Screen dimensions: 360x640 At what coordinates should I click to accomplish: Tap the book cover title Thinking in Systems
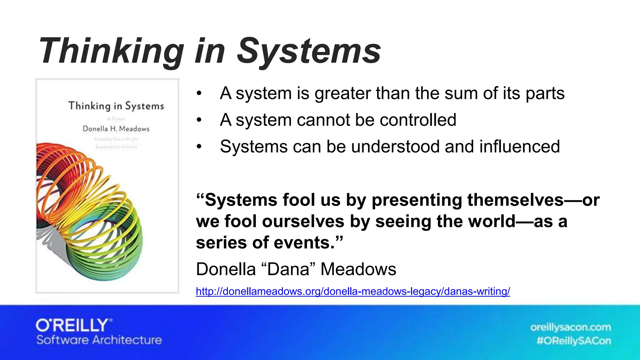(x=116, y=106)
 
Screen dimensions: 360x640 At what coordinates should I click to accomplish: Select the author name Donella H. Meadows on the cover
(x=116, y=129)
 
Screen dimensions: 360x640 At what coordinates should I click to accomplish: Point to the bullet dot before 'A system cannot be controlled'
(x=199, y=120)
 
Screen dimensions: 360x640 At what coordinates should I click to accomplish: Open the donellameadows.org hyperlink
(x=352, y=291)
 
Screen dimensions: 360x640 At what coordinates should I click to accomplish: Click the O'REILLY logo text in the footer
(x=74, y=326)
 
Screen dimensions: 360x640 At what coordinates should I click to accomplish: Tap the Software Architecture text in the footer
(x=99, y=340)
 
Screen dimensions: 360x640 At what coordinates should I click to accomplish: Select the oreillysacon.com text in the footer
(x=570, y=327)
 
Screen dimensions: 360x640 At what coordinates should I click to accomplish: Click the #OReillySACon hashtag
(x=574, y=341)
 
